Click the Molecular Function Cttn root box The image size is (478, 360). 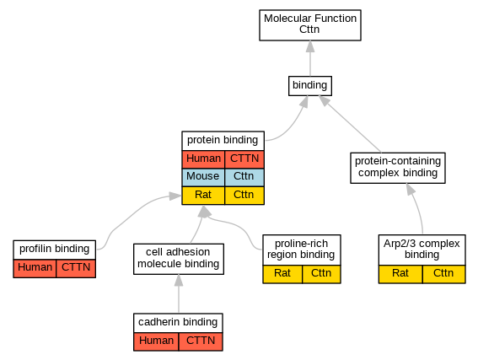(310, 25)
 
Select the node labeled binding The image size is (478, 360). (310, 86)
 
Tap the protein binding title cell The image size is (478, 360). (223, 141)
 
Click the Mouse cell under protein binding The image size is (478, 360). (203, 177)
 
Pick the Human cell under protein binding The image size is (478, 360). (203, 159)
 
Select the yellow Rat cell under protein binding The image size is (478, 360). (203, 195)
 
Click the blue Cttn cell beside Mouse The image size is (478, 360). (244, 177)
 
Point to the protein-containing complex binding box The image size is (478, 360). (398, 168)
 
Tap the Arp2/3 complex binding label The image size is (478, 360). (422, 250)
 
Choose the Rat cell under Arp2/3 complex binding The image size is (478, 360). (400, 274)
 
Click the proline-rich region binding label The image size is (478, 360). (302, 250)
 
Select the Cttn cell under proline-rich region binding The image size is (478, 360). (321, 274)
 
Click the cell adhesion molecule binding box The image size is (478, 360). (179, 259)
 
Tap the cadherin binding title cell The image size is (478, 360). (178, 323)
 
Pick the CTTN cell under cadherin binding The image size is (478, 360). (201, 341)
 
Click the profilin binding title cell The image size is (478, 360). (55, 250)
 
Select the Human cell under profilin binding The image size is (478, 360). (35, 268)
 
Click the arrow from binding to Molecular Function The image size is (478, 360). (310, 58)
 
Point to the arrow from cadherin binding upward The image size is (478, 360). (179, 293)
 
